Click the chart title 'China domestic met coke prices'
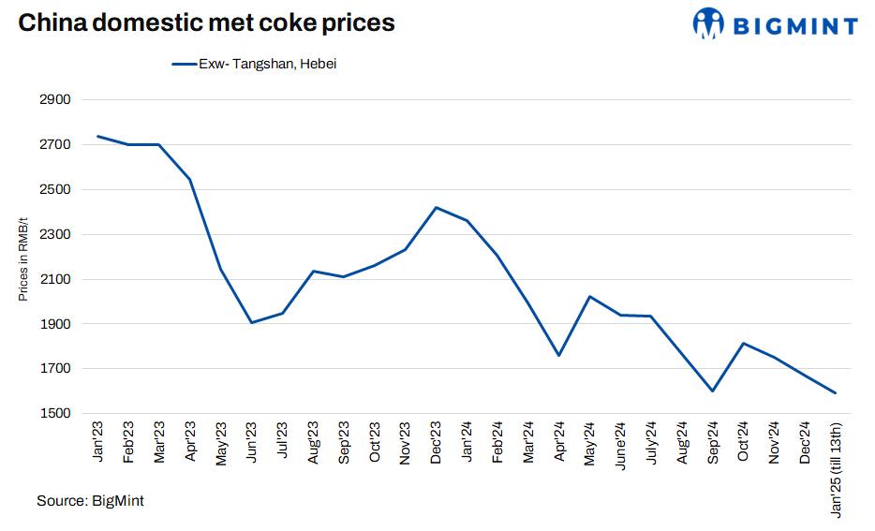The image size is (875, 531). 206,23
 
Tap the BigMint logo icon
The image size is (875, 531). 709,23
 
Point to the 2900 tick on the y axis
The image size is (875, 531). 55,100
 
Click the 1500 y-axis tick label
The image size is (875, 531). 55,414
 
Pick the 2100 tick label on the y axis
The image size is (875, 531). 55,279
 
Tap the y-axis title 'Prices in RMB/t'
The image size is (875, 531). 23,256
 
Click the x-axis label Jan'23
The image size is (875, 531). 98,440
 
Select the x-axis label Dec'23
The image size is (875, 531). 437,440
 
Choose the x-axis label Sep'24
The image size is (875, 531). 713,441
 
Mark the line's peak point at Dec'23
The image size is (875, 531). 437,208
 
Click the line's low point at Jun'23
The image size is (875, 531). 252,322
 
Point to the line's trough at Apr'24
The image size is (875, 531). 558,355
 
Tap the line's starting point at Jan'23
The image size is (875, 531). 98,137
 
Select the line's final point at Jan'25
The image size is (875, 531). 835,393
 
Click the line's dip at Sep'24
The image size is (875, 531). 713,391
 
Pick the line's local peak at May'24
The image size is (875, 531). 589,297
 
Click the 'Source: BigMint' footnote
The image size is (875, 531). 90,501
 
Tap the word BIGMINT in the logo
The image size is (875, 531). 794,25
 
